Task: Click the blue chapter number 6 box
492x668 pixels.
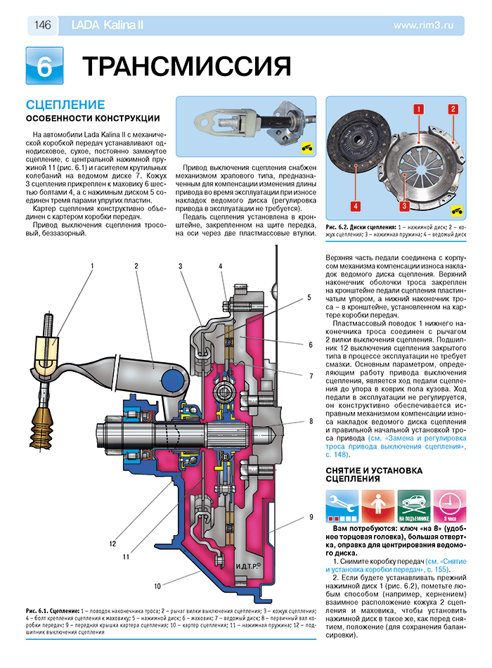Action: click(44, 66)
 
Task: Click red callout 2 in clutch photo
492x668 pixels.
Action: click(453, 109)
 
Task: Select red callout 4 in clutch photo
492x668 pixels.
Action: click(356, 206)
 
